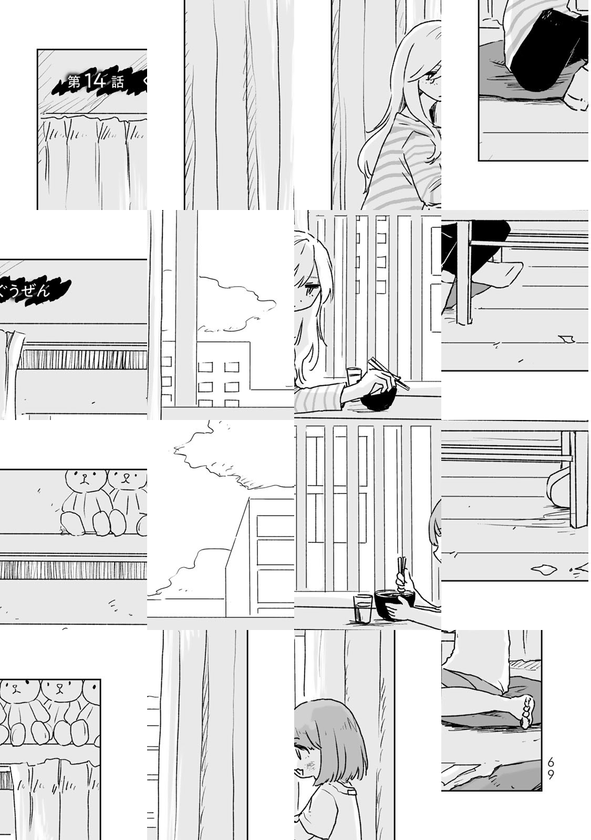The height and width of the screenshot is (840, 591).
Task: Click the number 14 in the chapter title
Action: click(95, 81)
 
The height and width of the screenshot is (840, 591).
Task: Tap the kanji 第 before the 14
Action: click(74, 82)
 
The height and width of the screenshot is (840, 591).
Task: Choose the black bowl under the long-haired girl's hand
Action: click(378, 400)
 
